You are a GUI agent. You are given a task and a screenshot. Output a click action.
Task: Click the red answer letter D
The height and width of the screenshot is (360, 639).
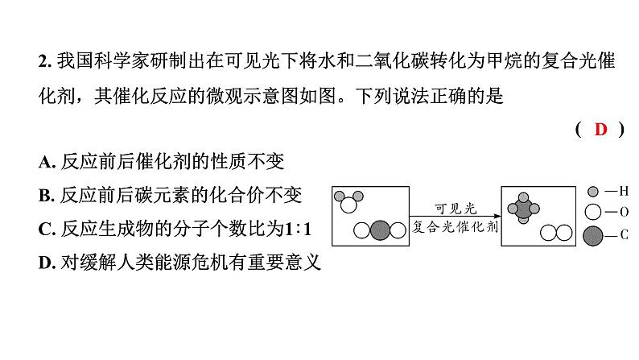(601, 130)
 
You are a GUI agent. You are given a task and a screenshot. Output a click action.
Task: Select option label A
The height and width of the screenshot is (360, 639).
(44, 161)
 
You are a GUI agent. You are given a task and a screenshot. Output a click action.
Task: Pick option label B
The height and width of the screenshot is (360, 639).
(44, 195)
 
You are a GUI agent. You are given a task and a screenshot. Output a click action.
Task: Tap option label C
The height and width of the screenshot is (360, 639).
(44, 230)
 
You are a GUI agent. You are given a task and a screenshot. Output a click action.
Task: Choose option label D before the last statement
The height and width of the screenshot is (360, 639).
(44, 263)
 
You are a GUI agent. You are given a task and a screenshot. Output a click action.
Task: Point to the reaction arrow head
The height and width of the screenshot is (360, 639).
(493, 215)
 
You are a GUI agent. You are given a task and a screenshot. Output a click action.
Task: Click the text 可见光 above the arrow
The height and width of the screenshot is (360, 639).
(456, 206)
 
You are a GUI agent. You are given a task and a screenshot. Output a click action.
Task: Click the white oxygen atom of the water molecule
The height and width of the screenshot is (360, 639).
(348, 205)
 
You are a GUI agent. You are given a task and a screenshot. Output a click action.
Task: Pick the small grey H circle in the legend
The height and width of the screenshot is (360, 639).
(594, 192)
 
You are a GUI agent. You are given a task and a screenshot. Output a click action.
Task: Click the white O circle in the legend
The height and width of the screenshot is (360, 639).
(594, 213)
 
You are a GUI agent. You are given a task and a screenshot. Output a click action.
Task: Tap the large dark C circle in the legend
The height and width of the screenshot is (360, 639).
(594, 236)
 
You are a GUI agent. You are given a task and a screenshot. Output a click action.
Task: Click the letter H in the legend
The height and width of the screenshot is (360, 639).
(623, 192)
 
